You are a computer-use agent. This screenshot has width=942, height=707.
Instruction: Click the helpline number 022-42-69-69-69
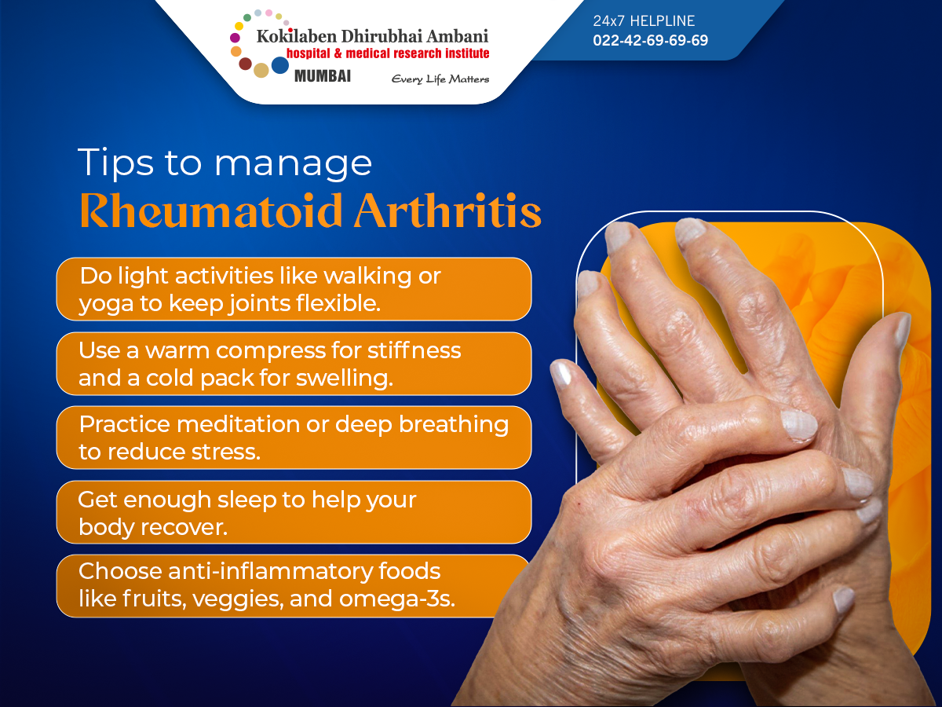[650, 40]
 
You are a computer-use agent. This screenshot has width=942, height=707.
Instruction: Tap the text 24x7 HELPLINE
[644, 20]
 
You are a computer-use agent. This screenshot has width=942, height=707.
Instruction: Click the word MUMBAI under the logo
[323, 76]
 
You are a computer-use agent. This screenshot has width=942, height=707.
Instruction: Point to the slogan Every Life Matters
[440, 79]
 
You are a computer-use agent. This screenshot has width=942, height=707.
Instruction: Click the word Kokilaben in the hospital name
[297, 36]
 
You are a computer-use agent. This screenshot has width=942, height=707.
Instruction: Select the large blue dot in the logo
[280, 65]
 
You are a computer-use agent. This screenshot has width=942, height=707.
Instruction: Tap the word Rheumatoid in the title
[211, 211]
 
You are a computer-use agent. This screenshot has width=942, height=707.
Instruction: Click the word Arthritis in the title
[447, 211]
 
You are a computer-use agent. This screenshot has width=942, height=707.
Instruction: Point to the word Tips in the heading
[115, 163]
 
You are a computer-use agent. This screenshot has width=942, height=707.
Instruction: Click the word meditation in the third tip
[238, 424]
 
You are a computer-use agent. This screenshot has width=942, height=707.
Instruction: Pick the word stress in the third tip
[226, 452]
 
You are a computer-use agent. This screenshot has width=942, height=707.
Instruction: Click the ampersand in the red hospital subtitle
[338, 53]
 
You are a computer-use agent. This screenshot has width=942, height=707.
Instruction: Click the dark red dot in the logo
[245, 64]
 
